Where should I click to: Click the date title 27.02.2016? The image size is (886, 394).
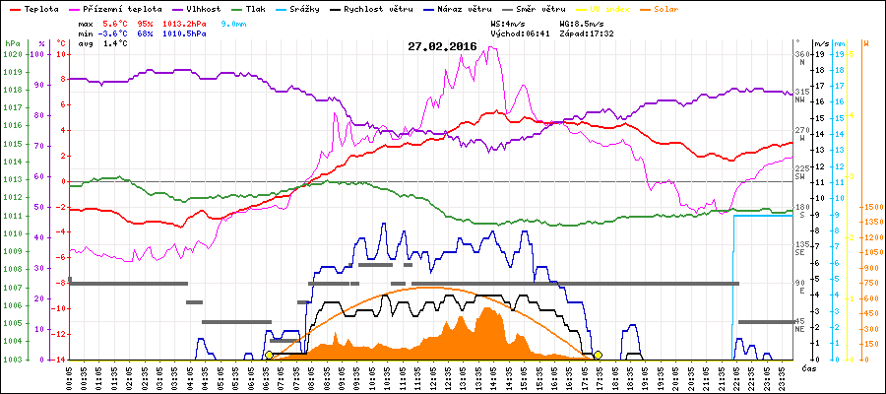[442, 46]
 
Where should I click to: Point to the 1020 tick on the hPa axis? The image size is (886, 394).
[12, 54]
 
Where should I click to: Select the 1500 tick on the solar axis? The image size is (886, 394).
[870, 207]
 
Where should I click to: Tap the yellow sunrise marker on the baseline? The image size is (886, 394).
[270, 355]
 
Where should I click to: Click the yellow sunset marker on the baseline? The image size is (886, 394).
[598, 355]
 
